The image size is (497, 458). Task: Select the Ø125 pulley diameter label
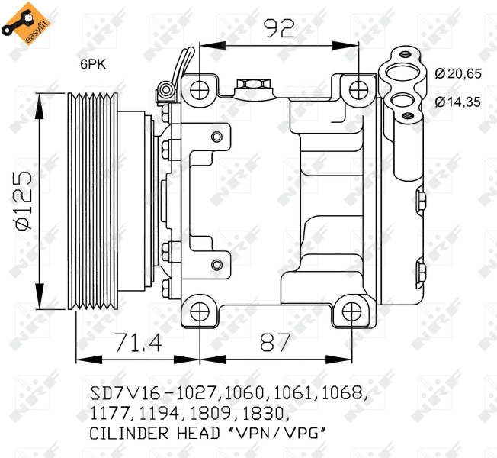click(23, 200)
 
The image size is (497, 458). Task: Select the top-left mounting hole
click(200, 89)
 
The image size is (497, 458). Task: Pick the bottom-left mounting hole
click(200, 311)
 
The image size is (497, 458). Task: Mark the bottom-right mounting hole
click(351, 311)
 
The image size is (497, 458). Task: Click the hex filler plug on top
click(251, 84)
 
